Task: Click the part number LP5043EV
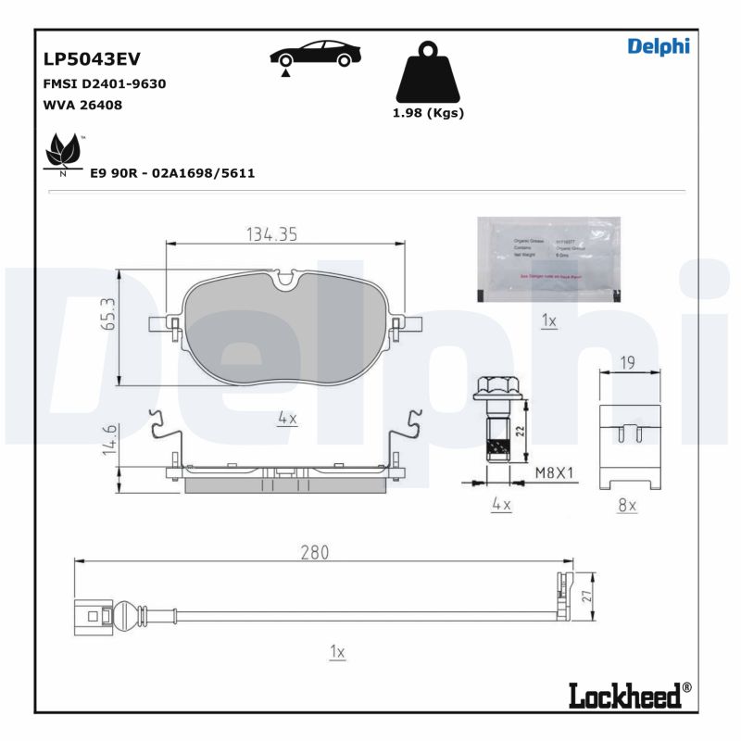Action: click(92, 59)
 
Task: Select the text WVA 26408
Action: click(82, 105)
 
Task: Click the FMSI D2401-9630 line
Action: click(105, 83)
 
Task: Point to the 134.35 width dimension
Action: click(271, 235)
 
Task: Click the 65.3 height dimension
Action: click(107, 315)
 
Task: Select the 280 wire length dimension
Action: click(315, 552)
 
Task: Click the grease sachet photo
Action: click(548, 259)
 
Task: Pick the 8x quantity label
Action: click(627, 505)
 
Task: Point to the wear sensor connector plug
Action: click(92, 615)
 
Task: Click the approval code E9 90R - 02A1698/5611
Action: click(172, 172)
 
